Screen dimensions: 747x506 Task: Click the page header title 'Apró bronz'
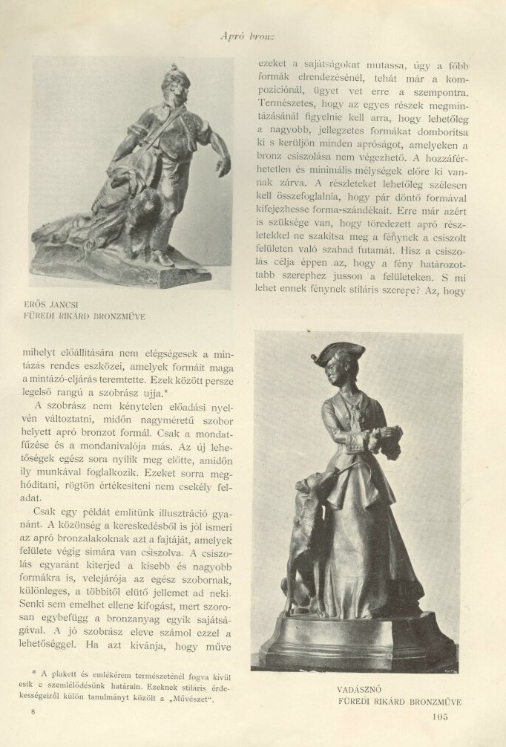coord(253,35)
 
